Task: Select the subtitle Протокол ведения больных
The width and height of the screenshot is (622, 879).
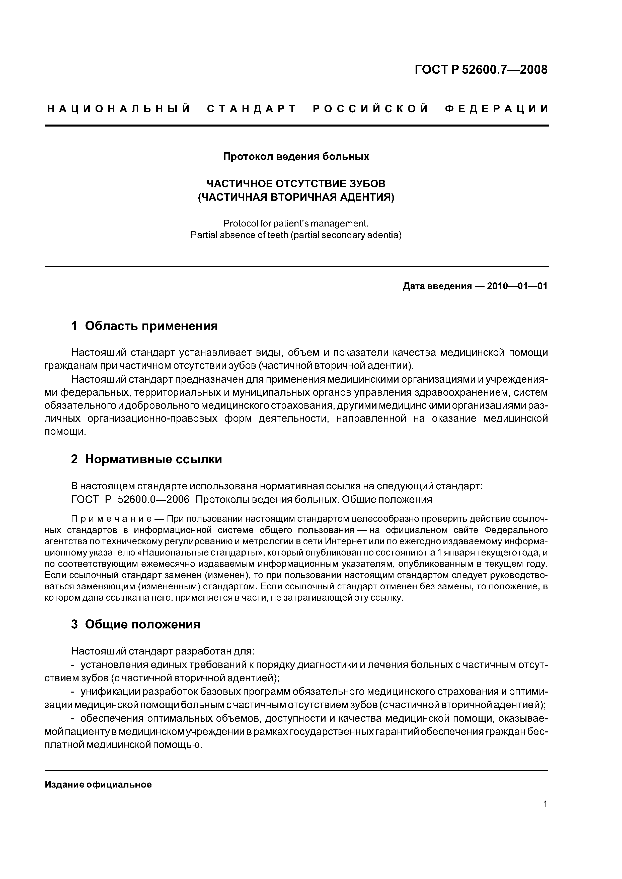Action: tap(296, 157)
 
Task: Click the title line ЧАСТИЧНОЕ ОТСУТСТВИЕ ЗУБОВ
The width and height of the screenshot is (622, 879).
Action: tap(296, 183)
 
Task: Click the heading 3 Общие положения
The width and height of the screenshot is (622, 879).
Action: tap(136, 624)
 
